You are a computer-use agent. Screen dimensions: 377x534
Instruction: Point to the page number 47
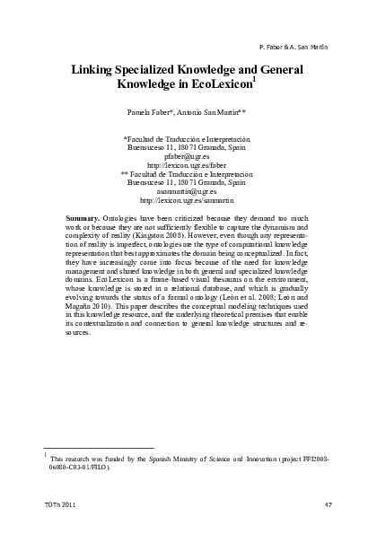point(328,507)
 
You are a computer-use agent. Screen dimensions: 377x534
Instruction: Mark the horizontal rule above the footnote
point(99,448)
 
